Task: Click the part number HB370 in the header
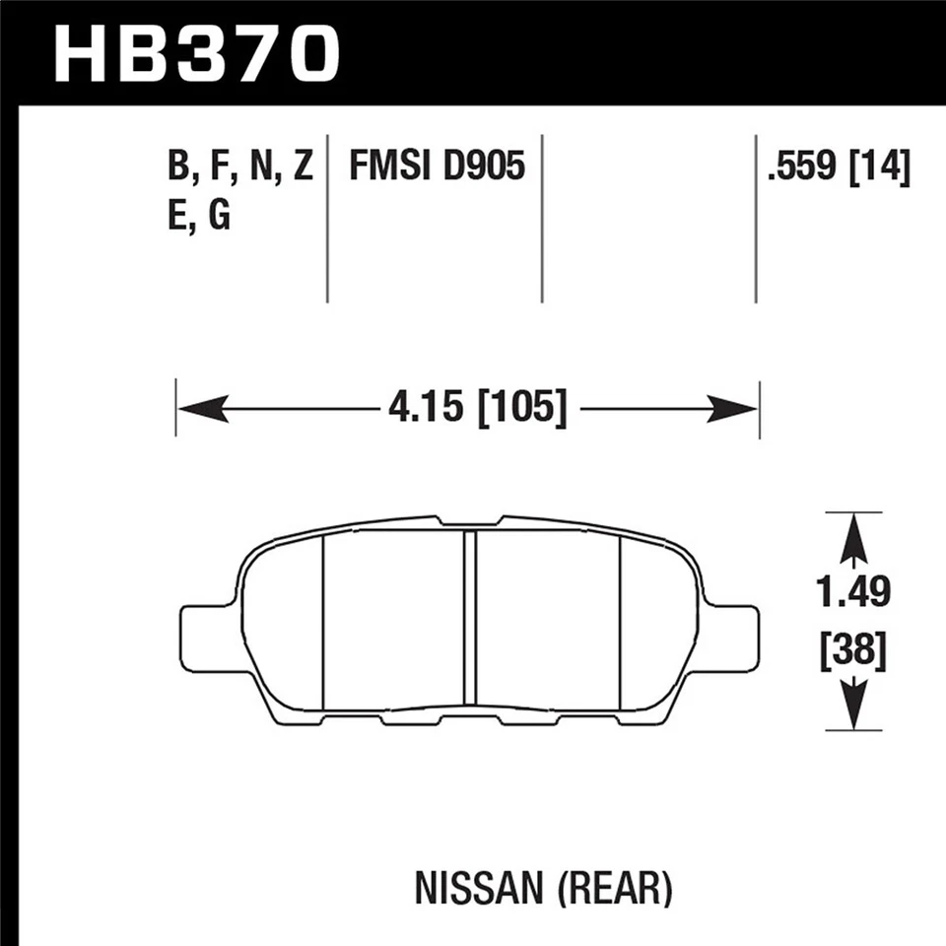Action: tap(197, 53)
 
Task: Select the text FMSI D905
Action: tap(436, 168)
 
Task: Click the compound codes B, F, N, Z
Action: tap(239, 168)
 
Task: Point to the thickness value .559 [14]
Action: tap(839, 168)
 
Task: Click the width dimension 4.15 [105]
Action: tap(476, 408)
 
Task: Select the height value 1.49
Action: tap(853, 592)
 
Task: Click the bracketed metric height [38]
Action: tap(853, 651)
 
